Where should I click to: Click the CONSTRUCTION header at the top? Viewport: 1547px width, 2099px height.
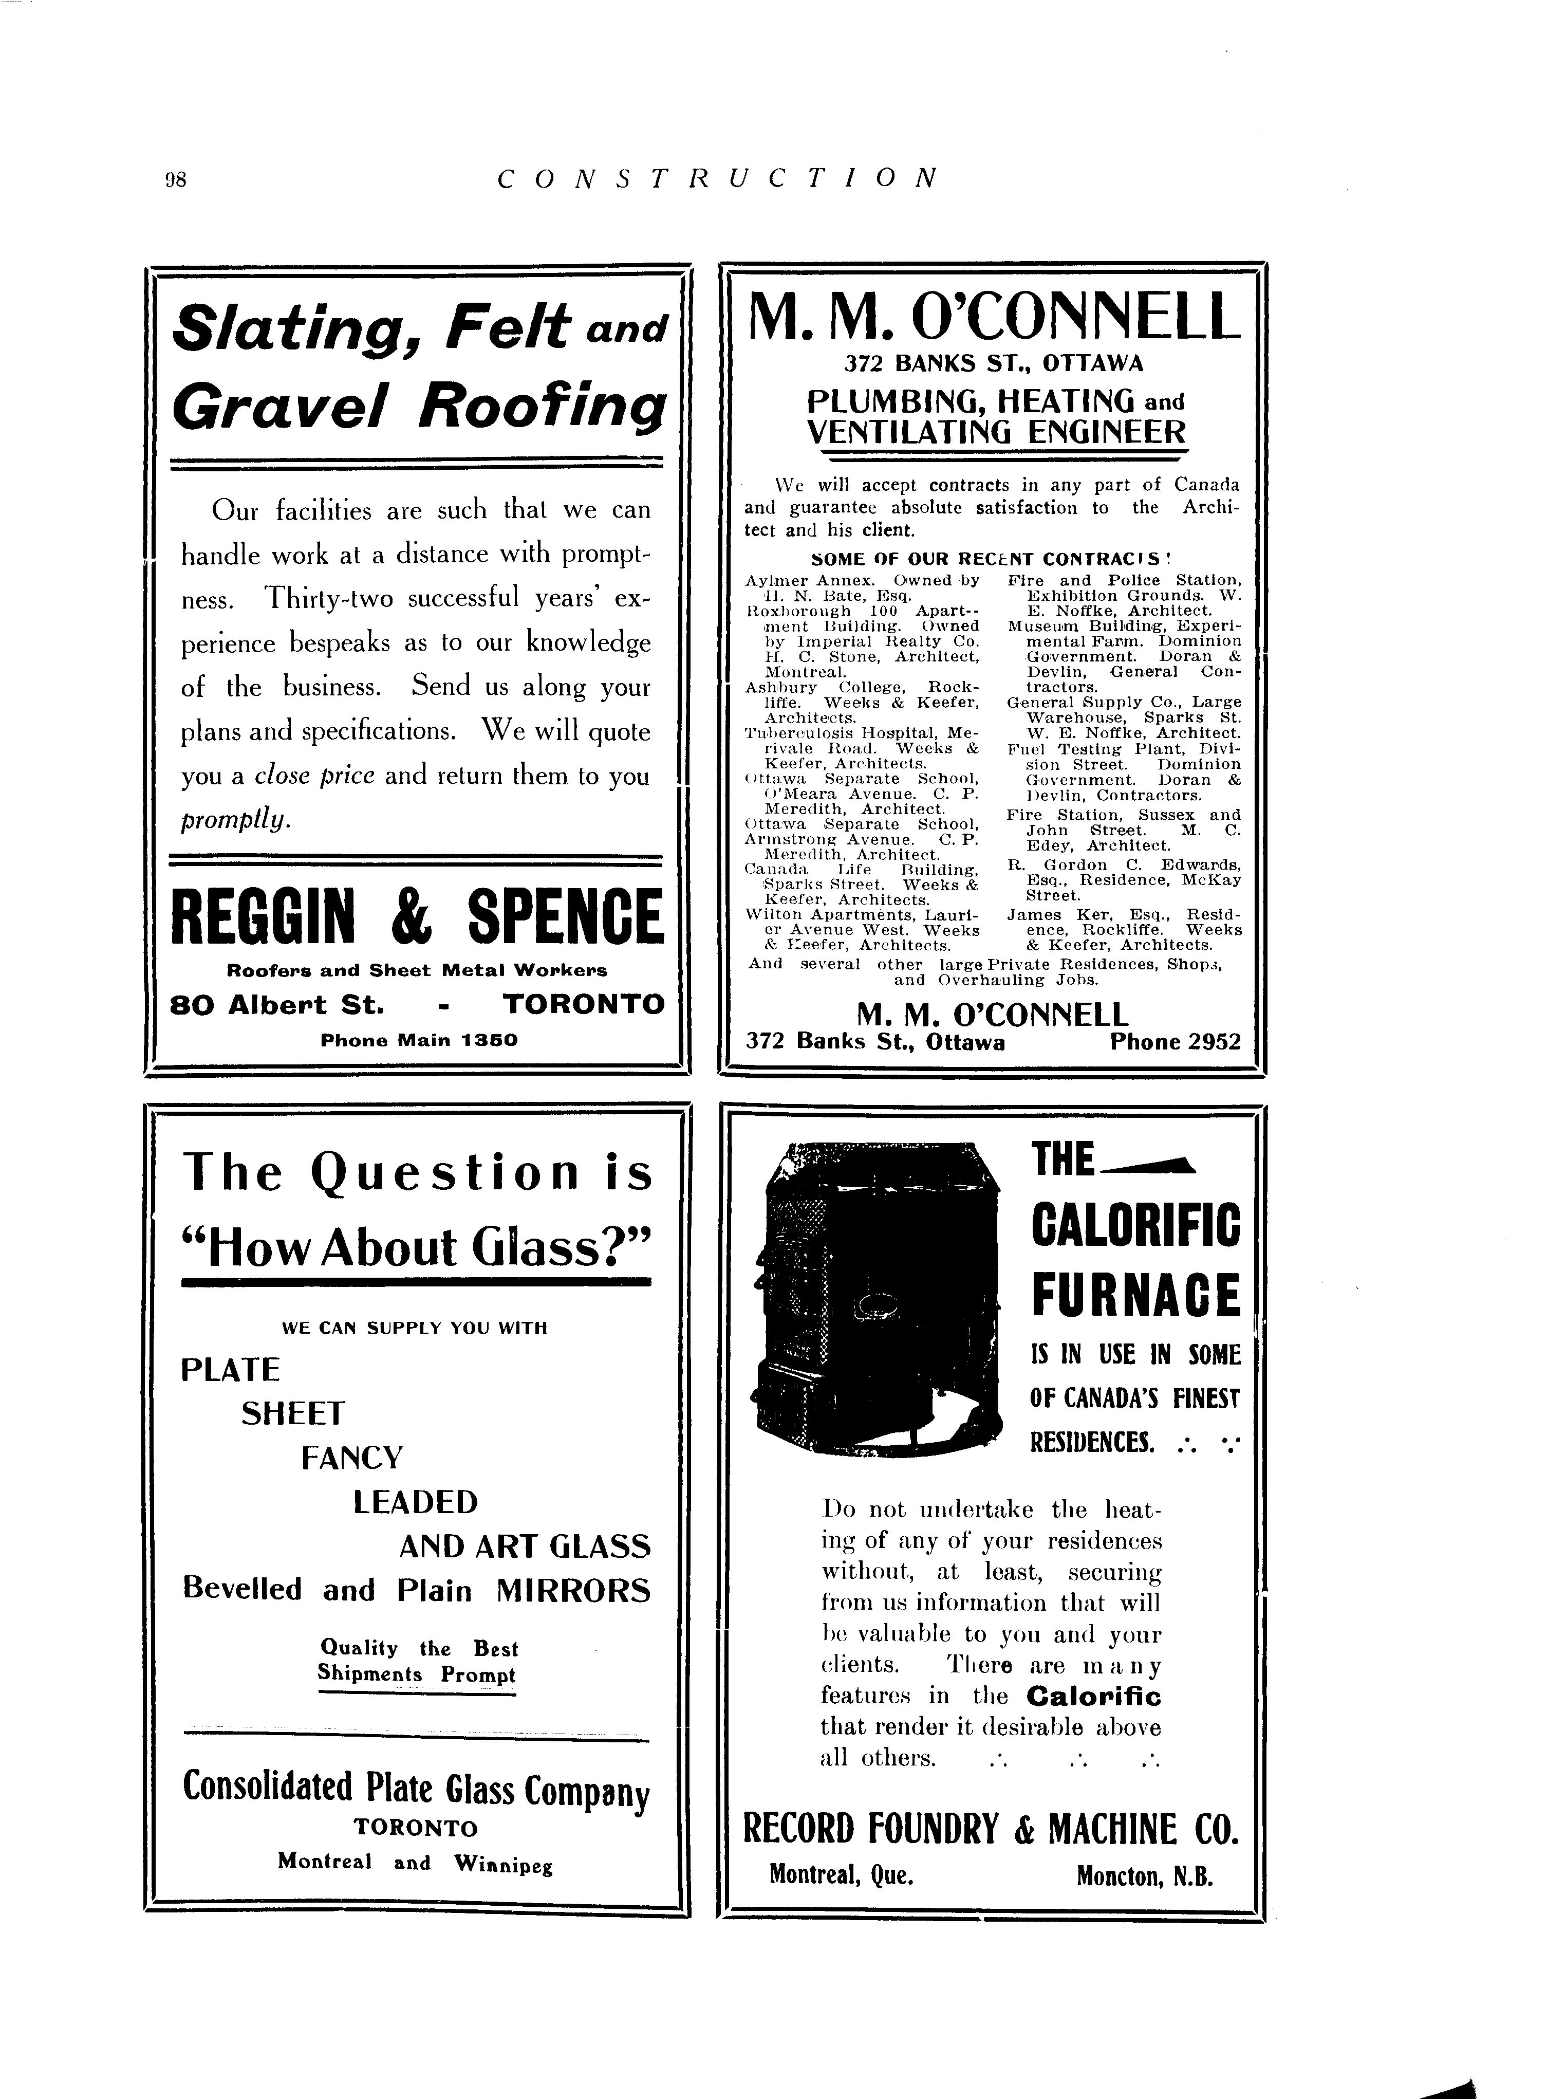coord(717,178)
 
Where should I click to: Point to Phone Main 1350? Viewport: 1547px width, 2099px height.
coord(419,1040)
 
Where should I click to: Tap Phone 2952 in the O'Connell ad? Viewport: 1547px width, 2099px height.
coord(1175,1042)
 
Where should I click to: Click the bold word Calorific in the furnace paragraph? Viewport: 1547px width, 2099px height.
coord(1093,1696)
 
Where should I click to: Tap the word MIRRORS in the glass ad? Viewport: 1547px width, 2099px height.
coord(572,1590)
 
